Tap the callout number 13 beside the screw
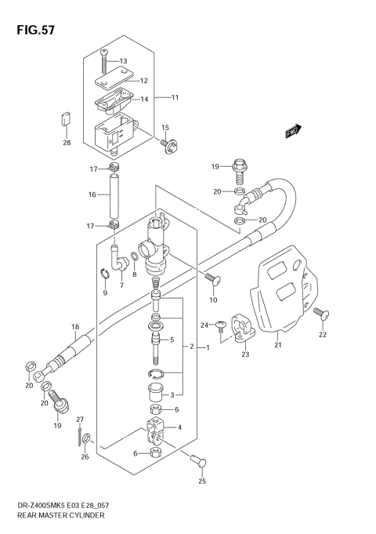122,61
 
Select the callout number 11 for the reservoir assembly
175,97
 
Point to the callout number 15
165,128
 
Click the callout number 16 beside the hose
92,194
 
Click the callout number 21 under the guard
277,343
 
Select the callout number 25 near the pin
203,481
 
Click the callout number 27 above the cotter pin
79,420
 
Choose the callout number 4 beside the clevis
179,427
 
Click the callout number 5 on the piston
172,340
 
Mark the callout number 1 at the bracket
208,347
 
